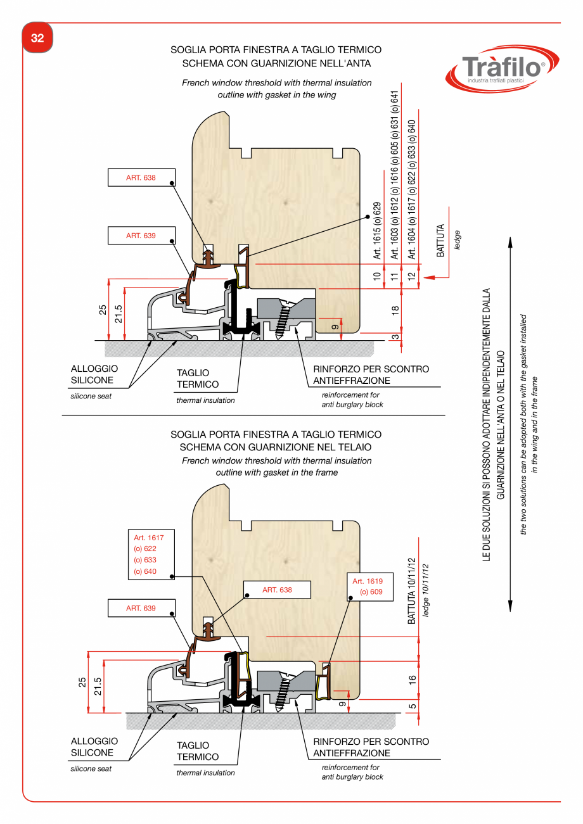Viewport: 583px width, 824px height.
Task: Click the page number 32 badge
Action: click(x=37, y=38)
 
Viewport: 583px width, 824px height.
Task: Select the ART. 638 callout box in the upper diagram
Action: click(x=141, y=178)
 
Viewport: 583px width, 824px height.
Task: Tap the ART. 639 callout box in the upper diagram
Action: click(x=141, y=236)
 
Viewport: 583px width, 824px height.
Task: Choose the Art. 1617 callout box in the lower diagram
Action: click(x=150, y=555)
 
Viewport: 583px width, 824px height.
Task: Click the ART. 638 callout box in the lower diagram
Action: click(x=277, y=590)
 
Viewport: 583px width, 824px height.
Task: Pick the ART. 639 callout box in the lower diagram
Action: click(x=141, y=608)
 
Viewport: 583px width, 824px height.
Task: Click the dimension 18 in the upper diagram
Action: click(x=395, y=310)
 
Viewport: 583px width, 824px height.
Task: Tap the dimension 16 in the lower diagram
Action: click(x=412, y=680)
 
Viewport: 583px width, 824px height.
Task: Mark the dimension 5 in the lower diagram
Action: click(x=412, y=706)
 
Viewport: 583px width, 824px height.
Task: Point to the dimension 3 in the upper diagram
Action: click(x=395, y=337)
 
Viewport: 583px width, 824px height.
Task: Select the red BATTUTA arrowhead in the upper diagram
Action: click(x=427, y=276)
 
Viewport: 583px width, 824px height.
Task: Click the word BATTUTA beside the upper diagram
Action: click(x=440, y=241)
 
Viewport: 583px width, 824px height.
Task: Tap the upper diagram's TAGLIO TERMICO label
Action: click(x=198, y=379)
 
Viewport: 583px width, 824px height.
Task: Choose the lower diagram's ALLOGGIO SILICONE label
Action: click(x=94, y=747)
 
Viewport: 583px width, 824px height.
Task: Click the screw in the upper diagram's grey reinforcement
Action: click(x=283, y=317)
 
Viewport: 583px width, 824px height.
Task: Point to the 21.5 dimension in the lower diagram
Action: click(x=98, y=686)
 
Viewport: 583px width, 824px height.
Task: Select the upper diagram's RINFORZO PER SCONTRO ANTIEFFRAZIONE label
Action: click(x=371, y=375)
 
